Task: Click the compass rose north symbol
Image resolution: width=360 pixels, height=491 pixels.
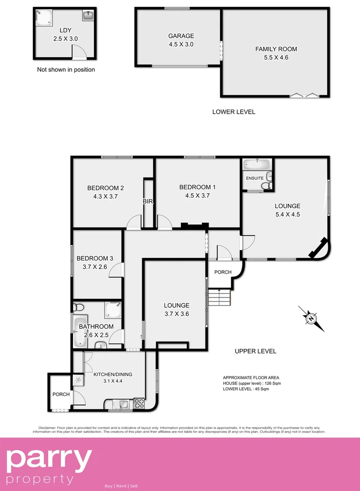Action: tap(311, 318)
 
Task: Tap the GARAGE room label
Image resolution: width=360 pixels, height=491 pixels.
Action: tap(181, 36)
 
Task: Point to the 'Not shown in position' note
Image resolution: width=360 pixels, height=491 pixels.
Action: tap(66, 70)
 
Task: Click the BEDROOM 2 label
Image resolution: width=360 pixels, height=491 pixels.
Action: tap(105, 188)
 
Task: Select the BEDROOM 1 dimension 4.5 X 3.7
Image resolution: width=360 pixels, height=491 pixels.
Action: tap(197, 195)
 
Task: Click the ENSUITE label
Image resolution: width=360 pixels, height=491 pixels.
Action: tap(255, 178)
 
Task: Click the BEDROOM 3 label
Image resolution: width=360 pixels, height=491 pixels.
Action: tap(95, 258)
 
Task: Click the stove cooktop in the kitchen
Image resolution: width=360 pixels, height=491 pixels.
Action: tap(139, 403)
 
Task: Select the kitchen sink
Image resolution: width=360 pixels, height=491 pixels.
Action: tap(123, 403)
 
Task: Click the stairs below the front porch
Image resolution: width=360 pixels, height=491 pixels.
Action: tap(220, 298)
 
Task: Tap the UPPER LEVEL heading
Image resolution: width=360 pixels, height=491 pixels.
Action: tap(255, 351)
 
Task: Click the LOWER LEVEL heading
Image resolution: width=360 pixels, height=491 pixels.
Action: tap(234, 112)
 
